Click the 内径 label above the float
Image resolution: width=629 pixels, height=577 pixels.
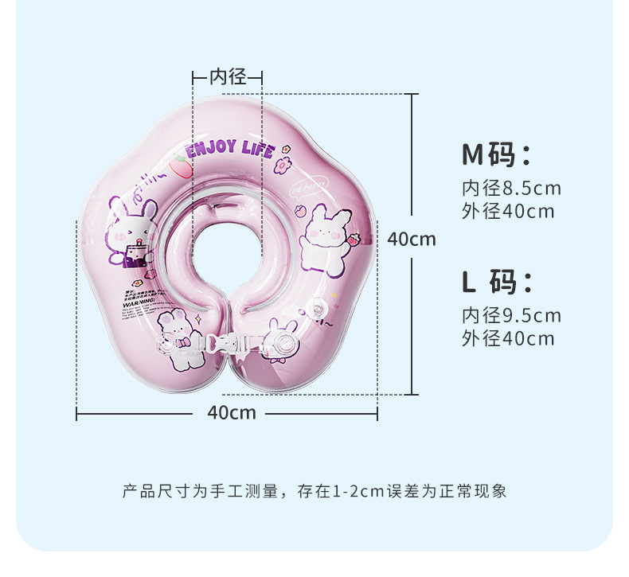[x=228, y=76]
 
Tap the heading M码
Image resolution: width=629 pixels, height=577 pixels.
[x=496, y=154]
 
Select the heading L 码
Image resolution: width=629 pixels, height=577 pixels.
[x=496, y=282]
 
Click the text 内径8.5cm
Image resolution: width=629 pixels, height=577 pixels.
[x=511, y=189]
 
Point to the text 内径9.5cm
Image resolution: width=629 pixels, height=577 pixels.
[x=511, y=316]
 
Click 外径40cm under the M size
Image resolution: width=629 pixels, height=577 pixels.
[x=508, y=212]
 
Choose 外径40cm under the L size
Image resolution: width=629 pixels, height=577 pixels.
[x=508, y=338]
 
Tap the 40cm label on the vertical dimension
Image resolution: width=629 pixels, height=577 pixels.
[x=412, y=238]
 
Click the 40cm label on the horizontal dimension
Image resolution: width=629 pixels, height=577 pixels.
[x=232, y=412]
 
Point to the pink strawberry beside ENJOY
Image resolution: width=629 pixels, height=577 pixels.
[x=180, y=166]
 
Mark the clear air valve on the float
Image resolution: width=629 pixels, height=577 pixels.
[x=322, y=310]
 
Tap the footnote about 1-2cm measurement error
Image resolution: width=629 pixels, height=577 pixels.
[x=314, y=490]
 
